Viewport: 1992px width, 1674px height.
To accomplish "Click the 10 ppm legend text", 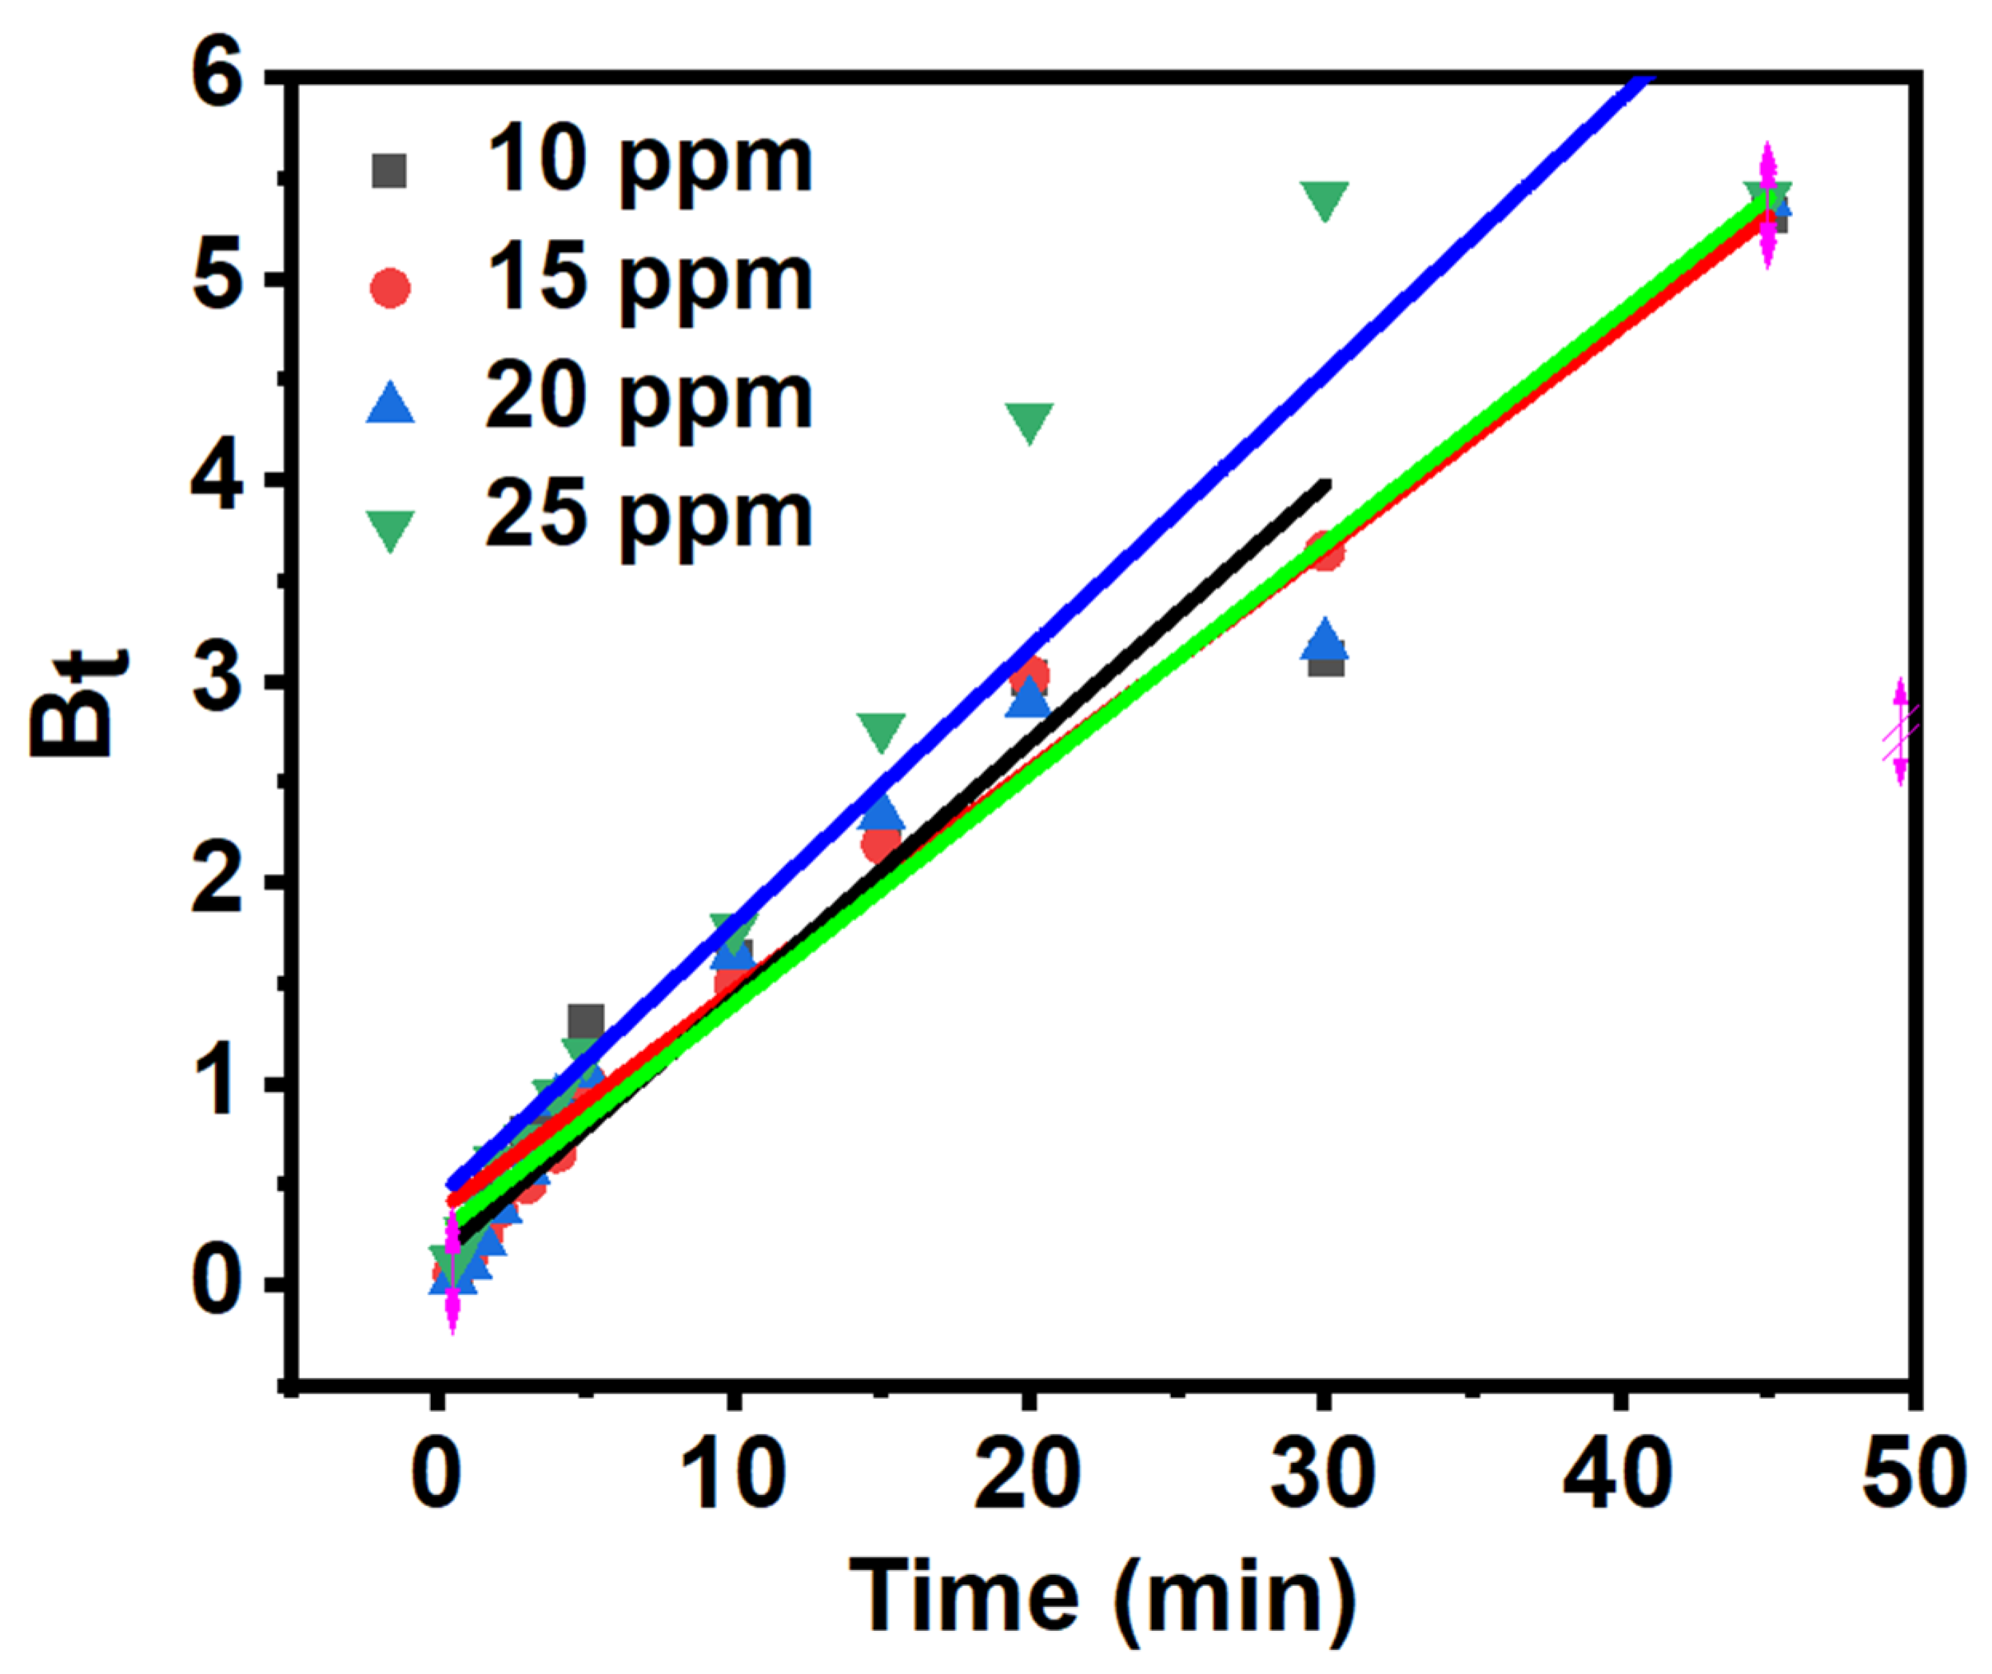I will pos(649,163).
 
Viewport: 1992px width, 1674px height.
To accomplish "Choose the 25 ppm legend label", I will pos(649,518).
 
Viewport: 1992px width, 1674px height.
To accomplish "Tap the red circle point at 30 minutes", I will pos(1326,551).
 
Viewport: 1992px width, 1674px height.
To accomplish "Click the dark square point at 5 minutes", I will pos(586,1022).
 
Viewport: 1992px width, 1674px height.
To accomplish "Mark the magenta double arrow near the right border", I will pos(1900,732).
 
